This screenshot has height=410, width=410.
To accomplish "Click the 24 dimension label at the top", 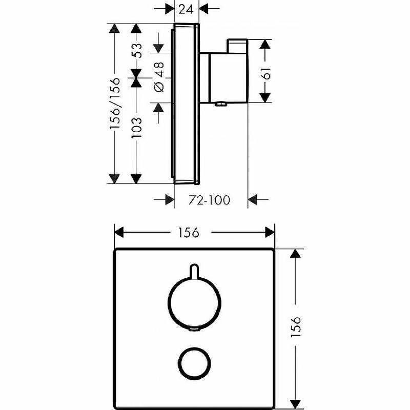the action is pyautogui.click(x=187, y=9).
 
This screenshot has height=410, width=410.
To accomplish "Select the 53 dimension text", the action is pyautogui.click(x=136, y=50).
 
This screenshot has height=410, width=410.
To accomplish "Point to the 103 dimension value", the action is pyautogui.click(x=136, y=128).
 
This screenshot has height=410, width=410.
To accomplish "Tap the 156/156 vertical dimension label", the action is pyautogui.click(x=115, y=103).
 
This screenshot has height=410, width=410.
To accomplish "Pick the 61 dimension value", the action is pyautogui.click(x=265, y=73).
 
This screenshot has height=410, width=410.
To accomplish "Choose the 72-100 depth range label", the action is pyautogui.click(x=210, y=200).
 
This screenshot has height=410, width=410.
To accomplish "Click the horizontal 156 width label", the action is pyautogui.click(x=189, y=233).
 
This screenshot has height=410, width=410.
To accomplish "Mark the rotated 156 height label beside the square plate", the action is pyautogui.click(x=296, y=326).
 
